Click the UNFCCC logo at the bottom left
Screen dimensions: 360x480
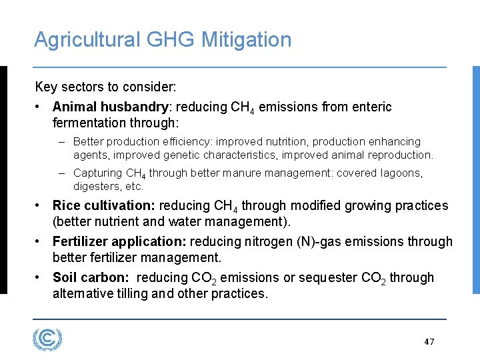pyautogui.click(x=47, y=339)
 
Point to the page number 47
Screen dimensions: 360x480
pyautogui.click(x=429, y=342)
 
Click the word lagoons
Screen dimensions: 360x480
pyautogui.click(x=403, y=173)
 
